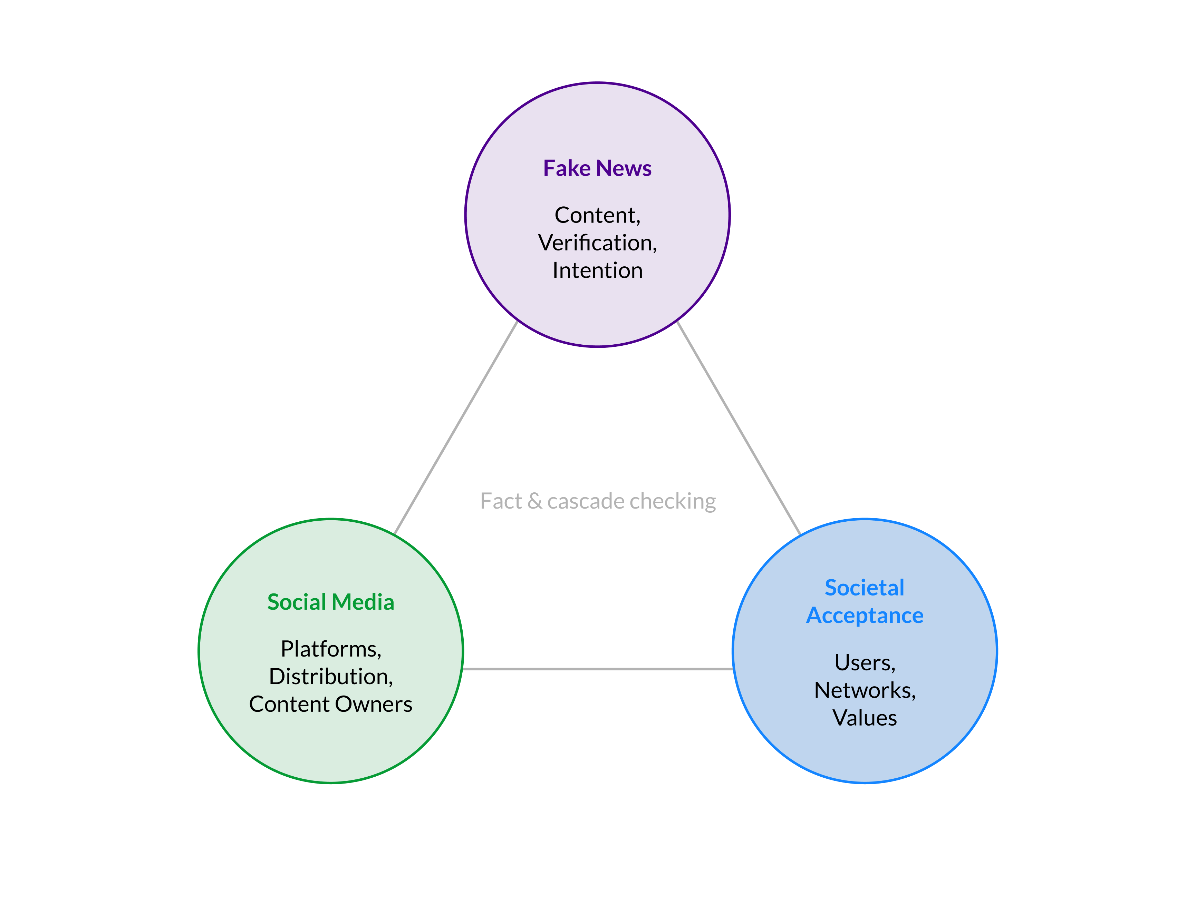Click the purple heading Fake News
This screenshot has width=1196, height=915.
pyautogui.click(x=597, y=168)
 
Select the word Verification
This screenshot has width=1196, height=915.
pyautogui.click(x=596, y=243)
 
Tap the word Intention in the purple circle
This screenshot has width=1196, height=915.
pyautogui.click(x=597, y=271)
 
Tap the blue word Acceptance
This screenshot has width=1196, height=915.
pyautogui.click(x=864, y=616)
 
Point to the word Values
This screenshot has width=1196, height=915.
pyautogui.click(x=864, y=718)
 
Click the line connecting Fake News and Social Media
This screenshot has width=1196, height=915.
pyautogui.click(x=455, y=427)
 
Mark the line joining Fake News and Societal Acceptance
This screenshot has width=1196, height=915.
pyautogui.click(x=738, y=427)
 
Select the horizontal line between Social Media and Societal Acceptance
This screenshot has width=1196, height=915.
pyautogui.click(x=597, y=669)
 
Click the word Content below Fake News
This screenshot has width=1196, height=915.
pyautogui.click(x=596, y=216)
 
